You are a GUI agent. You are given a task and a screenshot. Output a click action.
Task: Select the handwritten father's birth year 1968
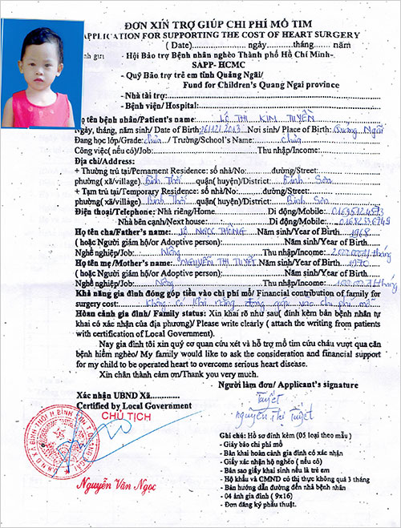click(353, 232)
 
